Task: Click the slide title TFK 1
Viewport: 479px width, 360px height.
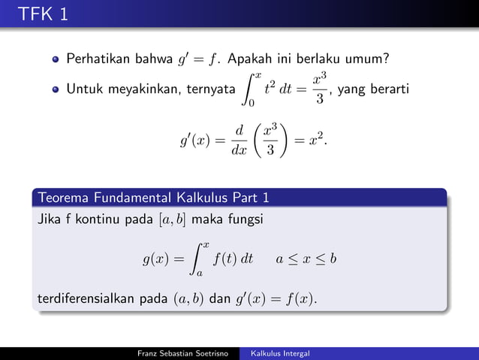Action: (44, 14)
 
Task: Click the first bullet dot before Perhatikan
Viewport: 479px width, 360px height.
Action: (56, 58)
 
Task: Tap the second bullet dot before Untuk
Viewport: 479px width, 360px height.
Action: (56, 89)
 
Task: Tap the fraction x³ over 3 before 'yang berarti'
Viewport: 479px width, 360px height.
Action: (321, 89)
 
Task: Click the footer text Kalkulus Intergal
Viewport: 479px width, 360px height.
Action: (281, 353)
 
